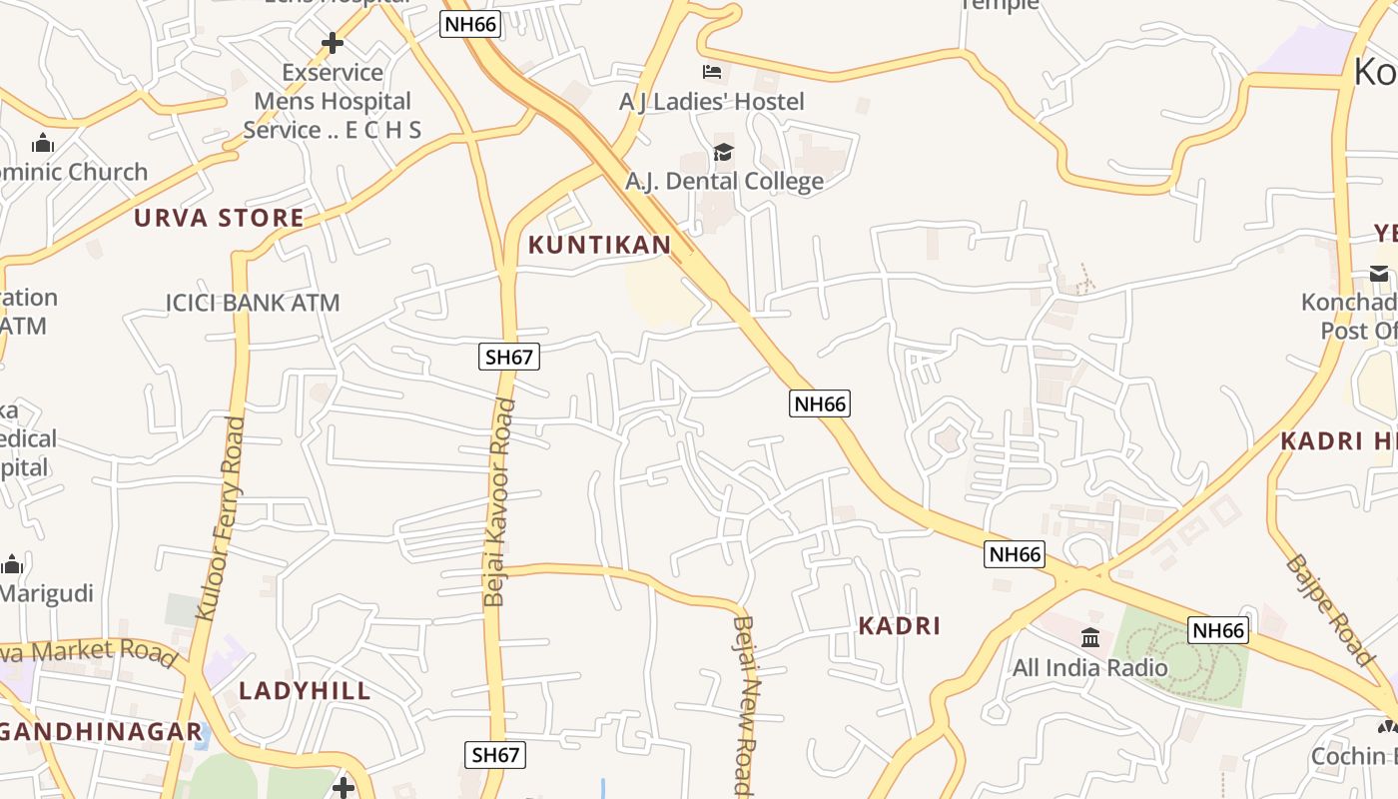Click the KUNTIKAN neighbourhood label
point(599,245)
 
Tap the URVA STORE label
point(219,218)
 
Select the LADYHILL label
point(305,690)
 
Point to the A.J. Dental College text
point(724,181)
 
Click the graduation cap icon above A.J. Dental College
point(723,153)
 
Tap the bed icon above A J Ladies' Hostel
point(711,72)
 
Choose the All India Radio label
point(1089,667)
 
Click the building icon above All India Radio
point(1090,637)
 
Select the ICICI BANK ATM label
point(253,302)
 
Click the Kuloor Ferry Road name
point(221,518)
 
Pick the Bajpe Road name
point(1331,608)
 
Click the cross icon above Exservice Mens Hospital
point(333,43)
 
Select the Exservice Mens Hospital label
point(333,101)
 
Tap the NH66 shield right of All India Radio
point(1218,630)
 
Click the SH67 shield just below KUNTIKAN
point(509,357)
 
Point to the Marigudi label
point(46,593)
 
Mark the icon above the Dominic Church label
point(42,144)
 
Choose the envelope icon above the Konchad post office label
point(1379,273)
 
